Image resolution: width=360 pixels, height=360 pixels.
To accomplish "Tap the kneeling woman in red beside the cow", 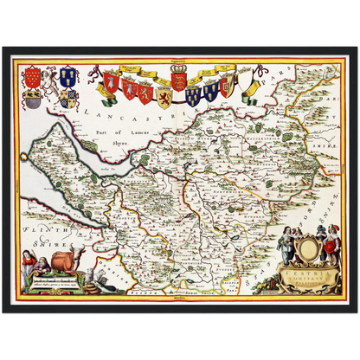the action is coord(39,261).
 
